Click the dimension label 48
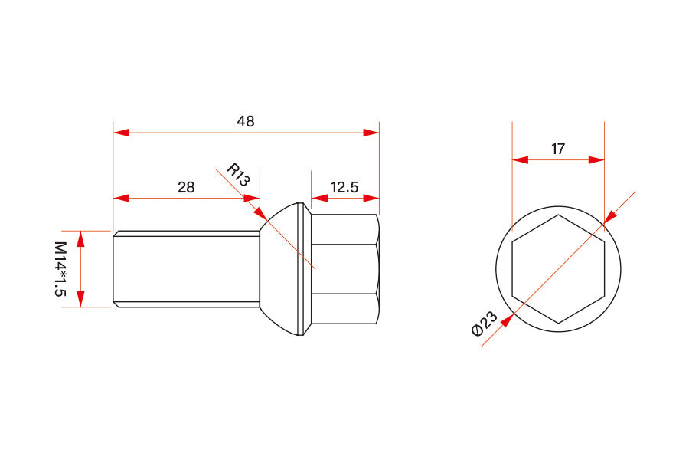click(x=246, y=121)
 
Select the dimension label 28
click(x=186, y=186)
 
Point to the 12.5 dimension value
click(x=344, y=187)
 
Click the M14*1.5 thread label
click(x=60, y=269)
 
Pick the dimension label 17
click(x=558, y=149)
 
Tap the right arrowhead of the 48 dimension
click(x=371, y=133)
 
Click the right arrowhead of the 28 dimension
click(x=252, y=198)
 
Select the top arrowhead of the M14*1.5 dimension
click(x=81, y=238)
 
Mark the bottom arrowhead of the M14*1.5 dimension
click(x=81, y=299)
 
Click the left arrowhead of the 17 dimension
click(x=520, y=160)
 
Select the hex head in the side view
click(x=344, y=269)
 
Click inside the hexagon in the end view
click(x=558, y=269)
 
